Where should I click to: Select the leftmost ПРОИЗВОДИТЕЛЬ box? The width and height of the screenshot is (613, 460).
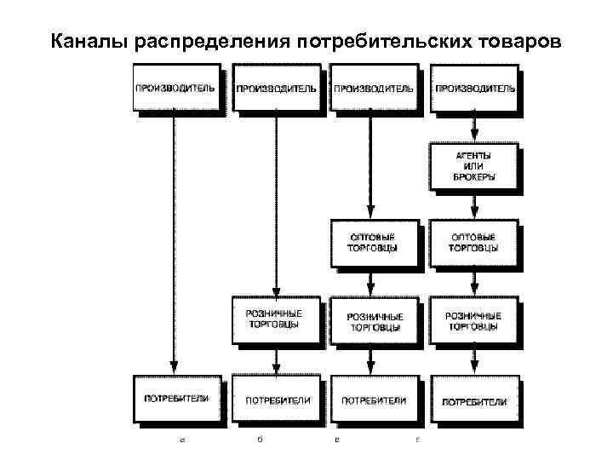click(x=175, y=89)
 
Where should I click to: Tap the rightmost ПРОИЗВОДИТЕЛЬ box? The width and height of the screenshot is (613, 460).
click(x=474, y=89)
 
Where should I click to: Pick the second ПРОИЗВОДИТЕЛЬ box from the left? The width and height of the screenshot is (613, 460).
click(x=275, y=89)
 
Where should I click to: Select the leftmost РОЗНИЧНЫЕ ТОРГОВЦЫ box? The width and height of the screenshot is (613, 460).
click(x=274, y=319)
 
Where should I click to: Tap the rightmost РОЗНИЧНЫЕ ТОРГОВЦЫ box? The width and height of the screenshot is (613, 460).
click(x=473, y=319)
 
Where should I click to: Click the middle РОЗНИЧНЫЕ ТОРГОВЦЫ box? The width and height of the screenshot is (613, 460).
click(x=373, y=319)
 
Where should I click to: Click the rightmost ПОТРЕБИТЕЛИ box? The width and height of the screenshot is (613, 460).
click(x=474, y=400)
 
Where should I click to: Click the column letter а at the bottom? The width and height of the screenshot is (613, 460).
click(x=181, y=441)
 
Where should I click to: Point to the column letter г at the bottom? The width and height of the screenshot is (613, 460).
click(x=416, y=441)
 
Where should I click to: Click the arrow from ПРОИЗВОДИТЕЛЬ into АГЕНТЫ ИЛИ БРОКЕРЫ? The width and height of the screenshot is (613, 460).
click(x=474, y=128)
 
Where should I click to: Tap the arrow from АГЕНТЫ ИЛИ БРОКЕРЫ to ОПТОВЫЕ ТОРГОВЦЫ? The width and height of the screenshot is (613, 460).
click(x=474, y=204)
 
